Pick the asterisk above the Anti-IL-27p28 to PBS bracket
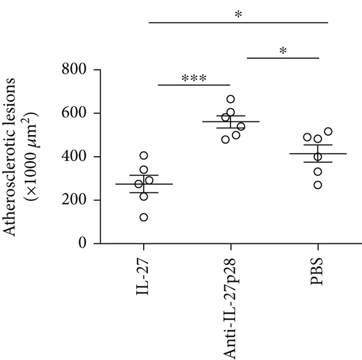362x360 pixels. [x=283, y=52]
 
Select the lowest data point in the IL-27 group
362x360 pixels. [x=144, y=217]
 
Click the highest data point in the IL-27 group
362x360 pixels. [x=144, y=156]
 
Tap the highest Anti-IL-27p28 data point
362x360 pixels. [x=230, y=99]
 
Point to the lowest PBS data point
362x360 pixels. [x=317, y=185]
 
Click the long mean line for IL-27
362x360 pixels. [x=144, y=184]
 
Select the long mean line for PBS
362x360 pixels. [x=317, y=154]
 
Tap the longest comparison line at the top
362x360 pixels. [x=238, y=22]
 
